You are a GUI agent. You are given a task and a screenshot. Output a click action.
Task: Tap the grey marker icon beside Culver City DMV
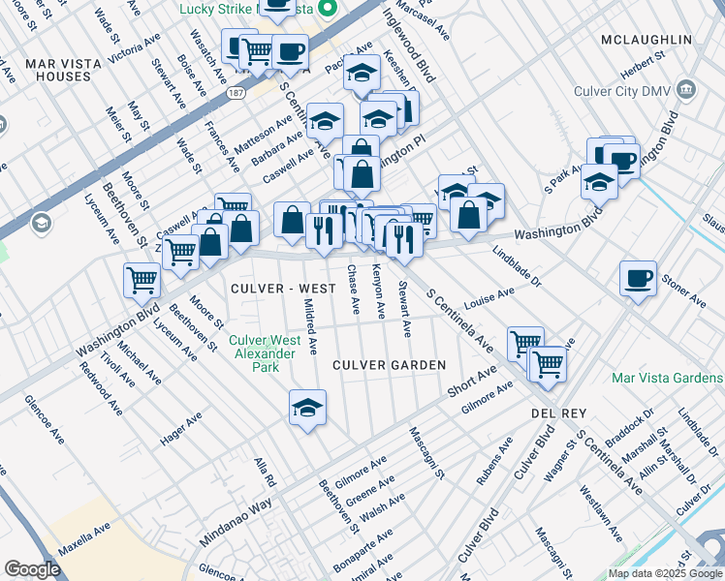coord(687,90)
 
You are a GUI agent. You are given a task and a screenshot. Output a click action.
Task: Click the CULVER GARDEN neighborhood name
coord(389,365)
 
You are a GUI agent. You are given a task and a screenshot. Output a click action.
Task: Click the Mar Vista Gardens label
coord(668,378)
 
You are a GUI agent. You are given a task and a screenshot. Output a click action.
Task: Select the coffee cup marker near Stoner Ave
coord(638,279)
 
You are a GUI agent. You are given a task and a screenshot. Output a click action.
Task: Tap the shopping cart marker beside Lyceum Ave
coord(142,281)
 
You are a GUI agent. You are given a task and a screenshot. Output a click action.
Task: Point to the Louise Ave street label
coord(489,293)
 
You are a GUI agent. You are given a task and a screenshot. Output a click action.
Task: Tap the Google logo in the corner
coord(32,569)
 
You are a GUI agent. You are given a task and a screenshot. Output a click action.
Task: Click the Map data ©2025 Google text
coord(665,573)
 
